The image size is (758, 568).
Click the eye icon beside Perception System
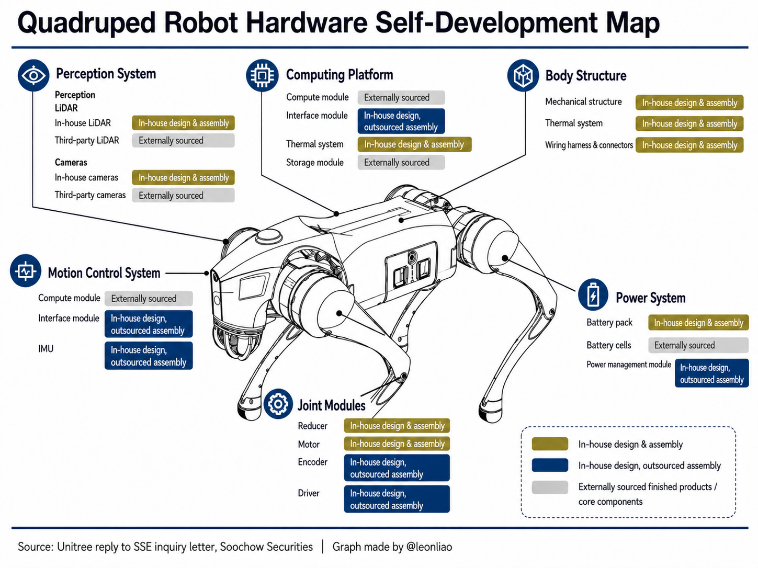point(33,75)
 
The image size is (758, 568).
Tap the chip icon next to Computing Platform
point(262,75)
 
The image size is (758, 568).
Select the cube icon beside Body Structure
point(523,75)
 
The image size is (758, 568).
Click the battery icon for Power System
point(593,294)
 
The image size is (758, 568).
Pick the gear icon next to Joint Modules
point(278,404)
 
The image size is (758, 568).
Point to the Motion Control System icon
point(26,271)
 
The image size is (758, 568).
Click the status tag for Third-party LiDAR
point(184,141)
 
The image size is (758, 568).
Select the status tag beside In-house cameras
point(184,177)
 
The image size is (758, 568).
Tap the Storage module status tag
point(401,162)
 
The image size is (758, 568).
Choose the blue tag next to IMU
point(149,356)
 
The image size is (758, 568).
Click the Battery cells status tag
point(698,345)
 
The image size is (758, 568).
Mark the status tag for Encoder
point(397,468)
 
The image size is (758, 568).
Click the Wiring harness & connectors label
point(589,145)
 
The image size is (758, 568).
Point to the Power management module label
point(628,365)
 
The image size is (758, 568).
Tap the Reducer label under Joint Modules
point(312,426)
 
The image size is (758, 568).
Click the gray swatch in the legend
point(550,487)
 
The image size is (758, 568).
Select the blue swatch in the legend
point(550,465)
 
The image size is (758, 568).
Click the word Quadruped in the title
point(87,23)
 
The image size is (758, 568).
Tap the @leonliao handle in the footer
point(429,547)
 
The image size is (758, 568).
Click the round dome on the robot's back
point(269,237)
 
